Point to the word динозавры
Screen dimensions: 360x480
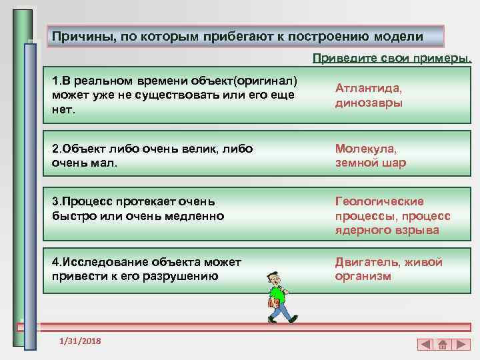(369, 103)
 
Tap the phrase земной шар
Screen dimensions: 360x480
(370, 163)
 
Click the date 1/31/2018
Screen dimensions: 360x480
(80, 341)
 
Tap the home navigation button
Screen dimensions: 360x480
(442, 345)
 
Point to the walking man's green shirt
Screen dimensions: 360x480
(275, 294)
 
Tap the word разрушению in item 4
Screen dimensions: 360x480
(181, 276)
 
